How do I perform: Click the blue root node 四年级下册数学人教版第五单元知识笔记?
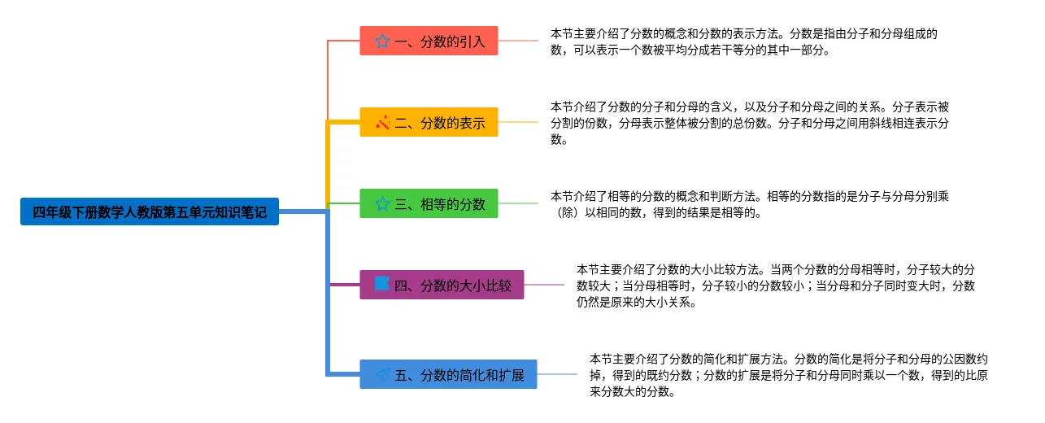[x=150, y=211]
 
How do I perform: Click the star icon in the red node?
[x=382, y=41]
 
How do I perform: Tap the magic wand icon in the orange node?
[x=382, y=123]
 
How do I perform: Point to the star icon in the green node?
[x=382, y=203]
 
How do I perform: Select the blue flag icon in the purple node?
[x=381, y=284]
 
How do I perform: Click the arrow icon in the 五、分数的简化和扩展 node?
[x=381, y=374]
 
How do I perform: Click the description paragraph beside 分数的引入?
[x=744, y=41]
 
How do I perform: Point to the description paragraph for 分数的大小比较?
[x=776, y=285]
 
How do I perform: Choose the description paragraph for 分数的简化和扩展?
[x=789, y=374]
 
